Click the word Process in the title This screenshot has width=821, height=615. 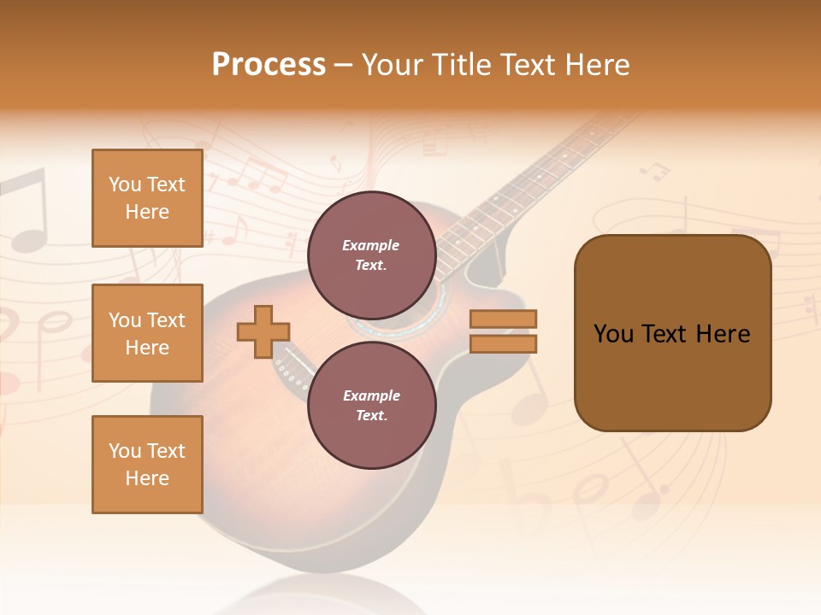tap(269, 65)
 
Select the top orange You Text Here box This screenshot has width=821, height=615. tap(147, 198)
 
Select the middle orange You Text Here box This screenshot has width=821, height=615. tap(147, 333)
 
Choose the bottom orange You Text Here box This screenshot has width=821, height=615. tap(147, 464)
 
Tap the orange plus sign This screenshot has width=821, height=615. tap(263, 332)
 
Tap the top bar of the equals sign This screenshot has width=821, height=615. tap(503, 319)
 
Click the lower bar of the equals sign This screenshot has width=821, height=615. tap(503, 344)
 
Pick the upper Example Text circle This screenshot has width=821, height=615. tap(371, 255)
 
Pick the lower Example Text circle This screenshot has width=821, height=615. tap(371, 405)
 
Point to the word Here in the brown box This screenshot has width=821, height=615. tap(723, 334)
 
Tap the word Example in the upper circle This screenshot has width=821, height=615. tap(371, 245)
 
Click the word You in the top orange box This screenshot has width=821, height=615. tap(125, 184)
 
